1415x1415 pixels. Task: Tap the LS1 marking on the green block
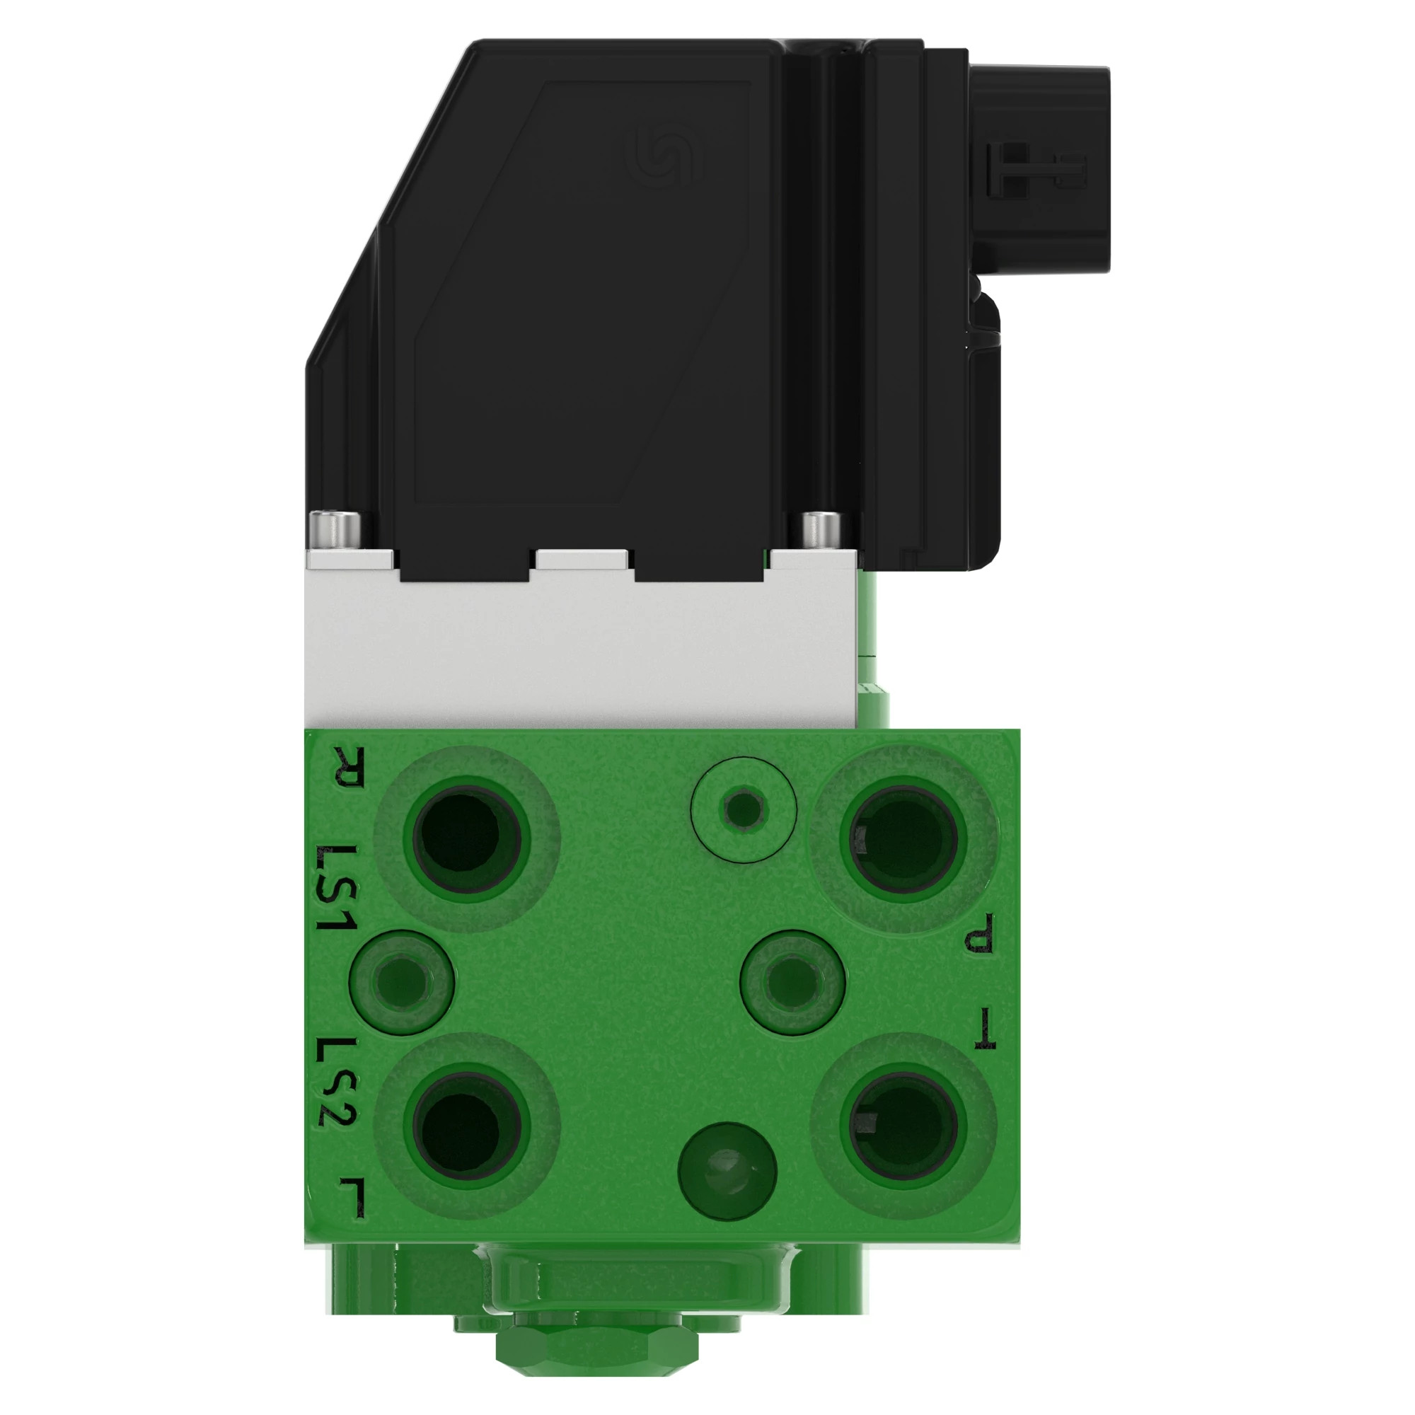[x=336, y=888]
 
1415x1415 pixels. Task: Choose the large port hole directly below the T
[x=903, y=1127]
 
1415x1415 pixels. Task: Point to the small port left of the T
[x=792, y=981]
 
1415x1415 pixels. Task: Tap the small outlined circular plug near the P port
[x=744, y=809]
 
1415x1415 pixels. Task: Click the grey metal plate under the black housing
[x=579, y=652]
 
